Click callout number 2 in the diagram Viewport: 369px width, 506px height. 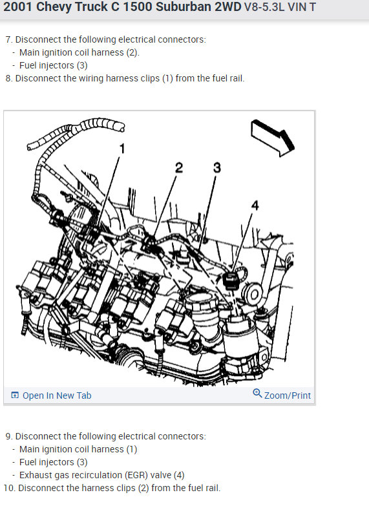(x=178, y=169)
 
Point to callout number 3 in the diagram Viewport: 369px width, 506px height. (x=217, y=169)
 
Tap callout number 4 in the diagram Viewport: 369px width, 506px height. (x=255, y=206)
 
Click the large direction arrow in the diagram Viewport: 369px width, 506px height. (x=272, y=134)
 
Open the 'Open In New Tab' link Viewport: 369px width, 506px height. (x=57, y=395)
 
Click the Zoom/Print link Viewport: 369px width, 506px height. (x=287, y=395)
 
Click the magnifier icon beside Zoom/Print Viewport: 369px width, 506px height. (x=257, y=394)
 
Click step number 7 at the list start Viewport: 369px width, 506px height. (x=8, y=40)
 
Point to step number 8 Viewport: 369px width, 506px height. (x=8, y=78)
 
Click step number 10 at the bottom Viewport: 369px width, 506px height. (x=10, y=488)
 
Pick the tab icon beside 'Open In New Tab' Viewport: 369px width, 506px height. (x=15, y=395)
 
